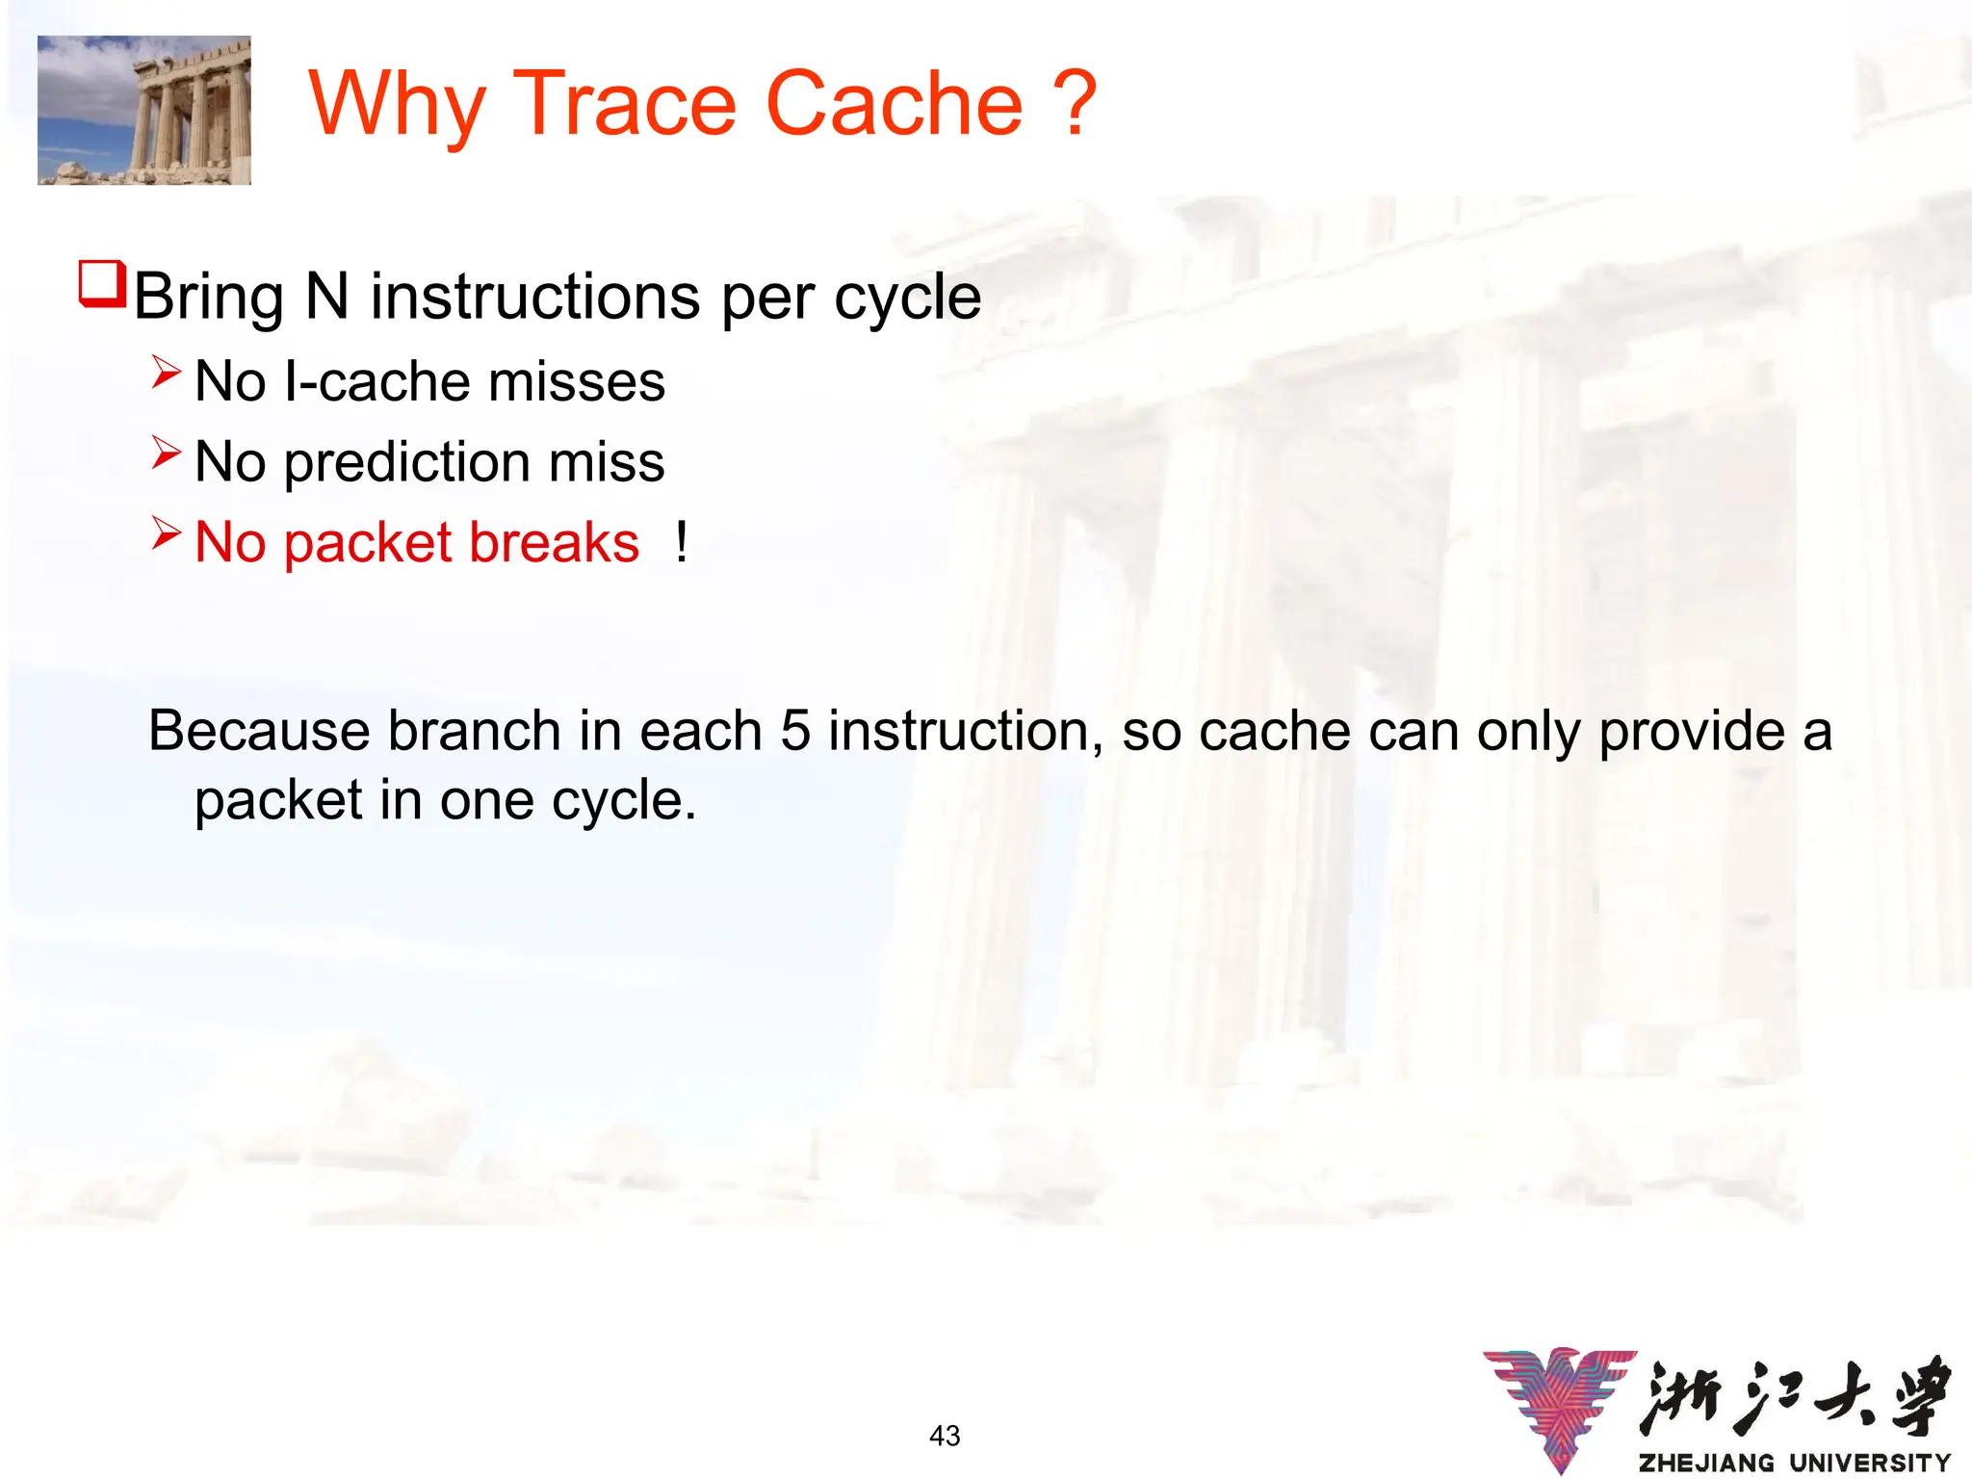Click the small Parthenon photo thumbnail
tap(144, 110)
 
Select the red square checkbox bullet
tap(101, 284)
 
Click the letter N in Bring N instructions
tap(326, 297)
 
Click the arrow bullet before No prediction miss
tap(166, 453)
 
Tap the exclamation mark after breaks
tap(682, 542)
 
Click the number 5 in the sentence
tap(794, 731)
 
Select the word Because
tap(258, 731)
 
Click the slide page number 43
tap(945, 1436)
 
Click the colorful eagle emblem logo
tap(1560, 1406)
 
